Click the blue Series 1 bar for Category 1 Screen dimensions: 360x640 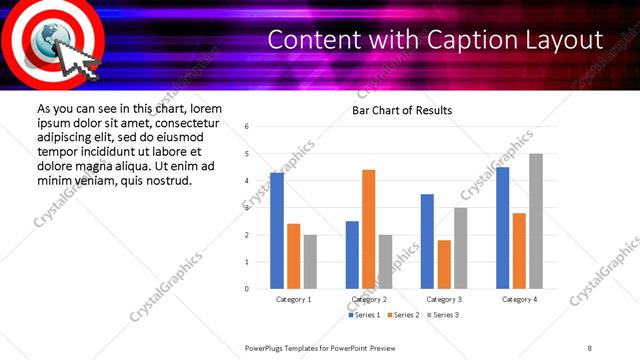pyautogui.click(x=277, y=231)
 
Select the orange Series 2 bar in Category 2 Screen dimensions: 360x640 pyautogui.click(x=369, y=229)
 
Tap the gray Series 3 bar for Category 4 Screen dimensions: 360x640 pyautogui.click(x=536, y=221)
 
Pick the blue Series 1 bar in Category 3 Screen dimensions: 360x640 pyautogui.click(x=427, y=241)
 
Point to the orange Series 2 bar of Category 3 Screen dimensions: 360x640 pyautogui.click(x=444, y=264)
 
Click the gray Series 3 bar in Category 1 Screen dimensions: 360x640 pyautogui.click(x=311, y=262)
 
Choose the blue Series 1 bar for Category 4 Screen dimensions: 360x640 pyautogui.click(x=502, y=228)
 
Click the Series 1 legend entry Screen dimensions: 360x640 pyautogui.click(x=364, y=315)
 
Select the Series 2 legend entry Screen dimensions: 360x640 pyautogui.click(x=403, y=315)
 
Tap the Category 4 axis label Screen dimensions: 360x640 pyautogui.click(x=518, y=299)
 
